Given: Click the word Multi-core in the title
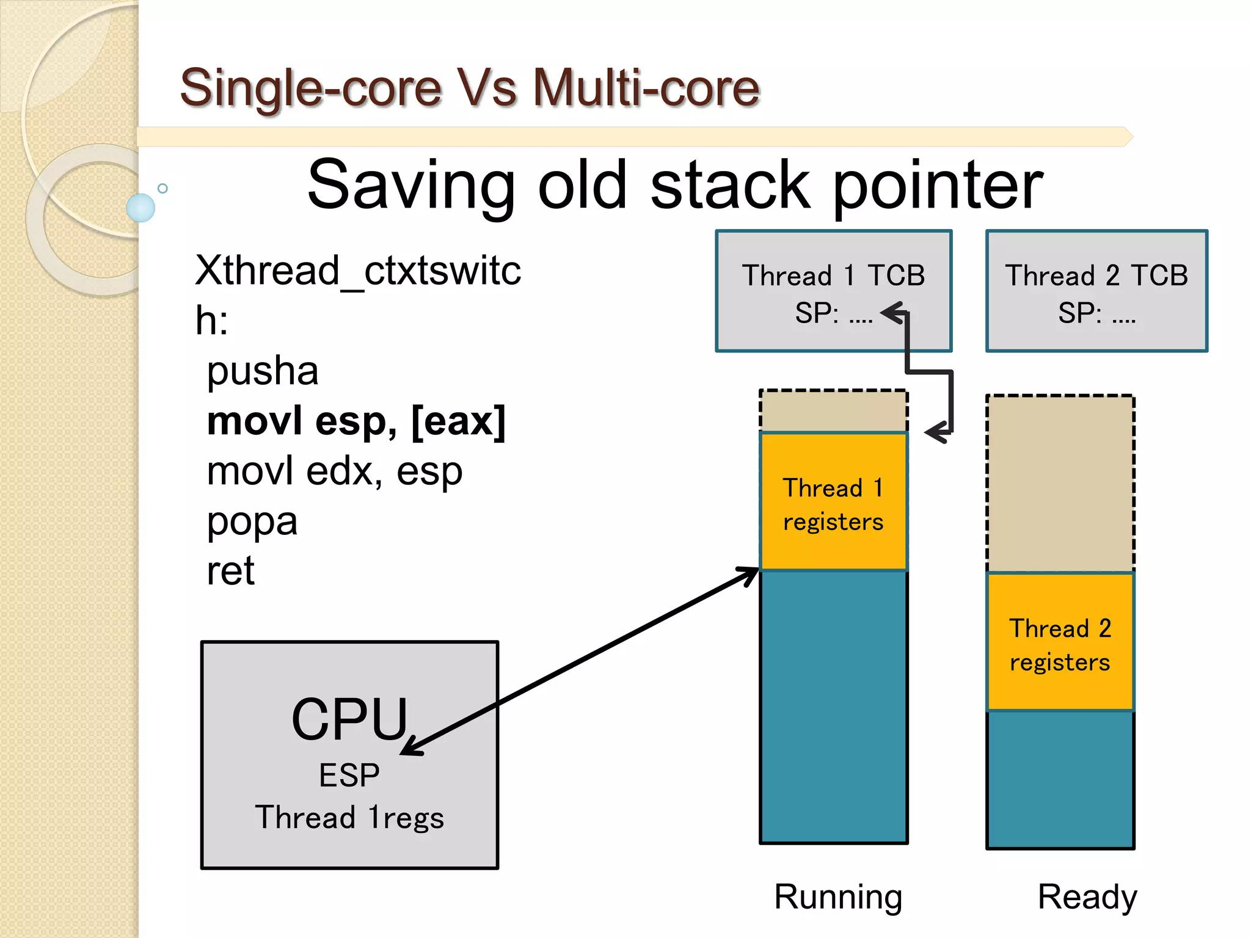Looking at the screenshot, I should (646, 87).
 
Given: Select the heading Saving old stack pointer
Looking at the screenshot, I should (674, 184).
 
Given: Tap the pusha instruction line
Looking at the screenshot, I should (263, 371).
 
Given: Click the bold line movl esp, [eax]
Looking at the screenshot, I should (356, 421).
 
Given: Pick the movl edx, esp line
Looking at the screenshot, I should (334, 471).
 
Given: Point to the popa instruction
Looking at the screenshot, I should (252, 521).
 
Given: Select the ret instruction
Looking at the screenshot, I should (230, 571).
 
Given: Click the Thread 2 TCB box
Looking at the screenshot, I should (1096, 291).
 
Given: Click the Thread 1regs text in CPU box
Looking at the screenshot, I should (349, 818).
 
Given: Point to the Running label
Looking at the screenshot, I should (837, 896).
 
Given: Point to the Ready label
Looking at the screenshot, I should (1087, 896).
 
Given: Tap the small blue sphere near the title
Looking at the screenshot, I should (140, 208).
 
